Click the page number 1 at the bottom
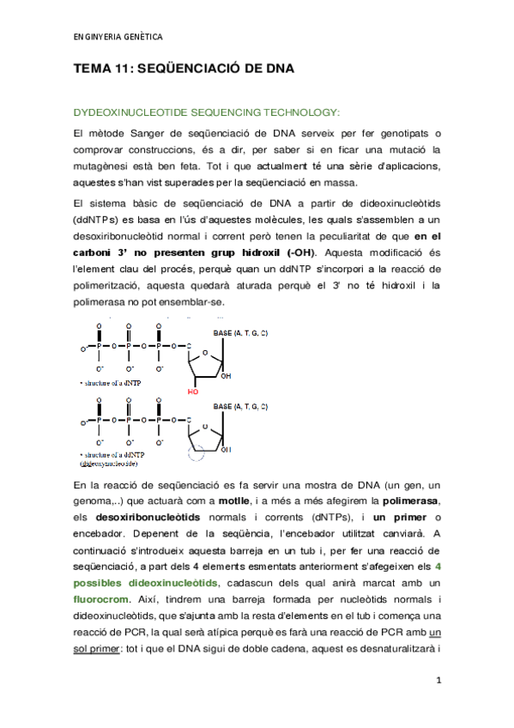[x=438, y=681]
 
